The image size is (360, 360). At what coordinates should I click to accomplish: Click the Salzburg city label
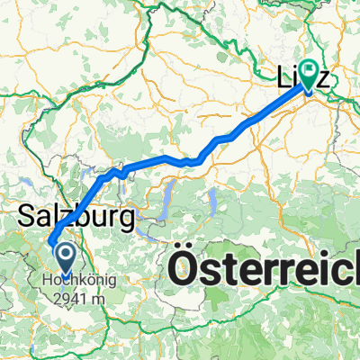click(x=76, y=216)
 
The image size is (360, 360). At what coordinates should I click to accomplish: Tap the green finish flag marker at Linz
click(x=308, y=71)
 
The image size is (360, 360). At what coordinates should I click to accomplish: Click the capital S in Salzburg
click(x=28, y=216)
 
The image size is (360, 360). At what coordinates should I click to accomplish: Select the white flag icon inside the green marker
click(x=308, y=68)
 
